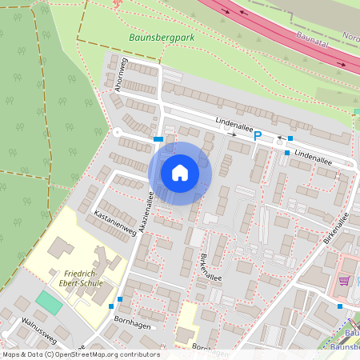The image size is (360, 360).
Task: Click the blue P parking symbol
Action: click(x=258, y=136)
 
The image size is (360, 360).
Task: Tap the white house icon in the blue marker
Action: click(x=180, y=173)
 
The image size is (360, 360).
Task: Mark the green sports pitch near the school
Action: click(x=49, y=303)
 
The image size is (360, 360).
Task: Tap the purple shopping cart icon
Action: click(x=344, y=281)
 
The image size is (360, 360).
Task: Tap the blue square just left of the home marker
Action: click(x=158, y=139)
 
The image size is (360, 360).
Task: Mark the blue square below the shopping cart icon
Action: click(x=340, y=306)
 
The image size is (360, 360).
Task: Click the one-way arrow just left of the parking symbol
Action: click(x=233, y=134)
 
